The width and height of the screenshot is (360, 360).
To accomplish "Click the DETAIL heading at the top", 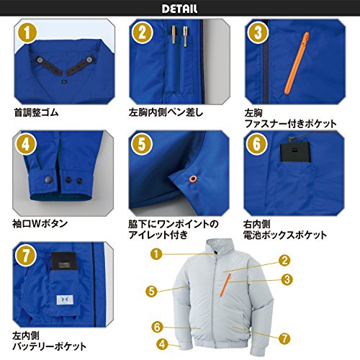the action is point(179,9).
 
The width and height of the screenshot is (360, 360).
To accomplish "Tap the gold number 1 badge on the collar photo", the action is point(27,32).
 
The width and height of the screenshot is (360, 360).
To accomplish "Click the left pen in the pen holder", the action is point(174,36).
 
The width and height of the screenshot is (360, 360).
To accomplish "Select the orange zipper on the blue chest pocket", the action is point(297,63).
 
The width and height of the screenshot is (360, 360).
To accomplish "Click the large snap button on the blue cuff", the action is point(48,179).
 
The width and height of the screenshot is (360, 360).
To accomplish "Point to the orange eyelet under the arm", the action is point(193,179).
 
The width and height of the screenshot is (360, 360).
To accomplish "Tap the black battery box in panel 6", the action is point(295,152).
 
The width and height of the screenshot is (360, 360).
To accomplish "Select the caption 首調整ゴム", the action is point(36,112).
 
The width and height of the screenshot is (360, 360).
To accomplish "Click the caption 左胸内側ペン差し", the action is point(166,112).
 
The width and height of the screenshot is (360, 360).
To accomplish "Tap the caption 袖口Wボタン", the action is point(40,224).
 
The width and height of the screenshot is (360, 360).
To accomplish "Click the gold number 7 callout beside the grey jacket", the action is point(284,339).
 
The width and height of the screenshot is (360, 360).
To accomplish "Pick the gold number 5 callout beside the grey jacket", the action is point(151,292).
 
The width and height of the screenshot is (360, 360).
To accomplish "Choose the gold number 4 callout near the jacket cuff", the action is point(162,344).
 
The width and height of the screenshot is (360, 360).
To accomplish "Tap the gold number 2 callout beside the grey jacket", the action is point(284,260).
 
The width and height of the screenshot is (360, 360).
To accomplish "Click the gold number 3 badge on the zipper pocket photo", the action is point(258,33).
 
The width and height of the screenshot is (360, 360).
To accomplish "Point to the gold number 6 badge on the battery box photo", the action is point(256,144).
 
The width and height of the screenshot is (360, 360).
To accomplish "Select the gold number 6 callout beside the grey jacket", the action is point(158,327).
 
